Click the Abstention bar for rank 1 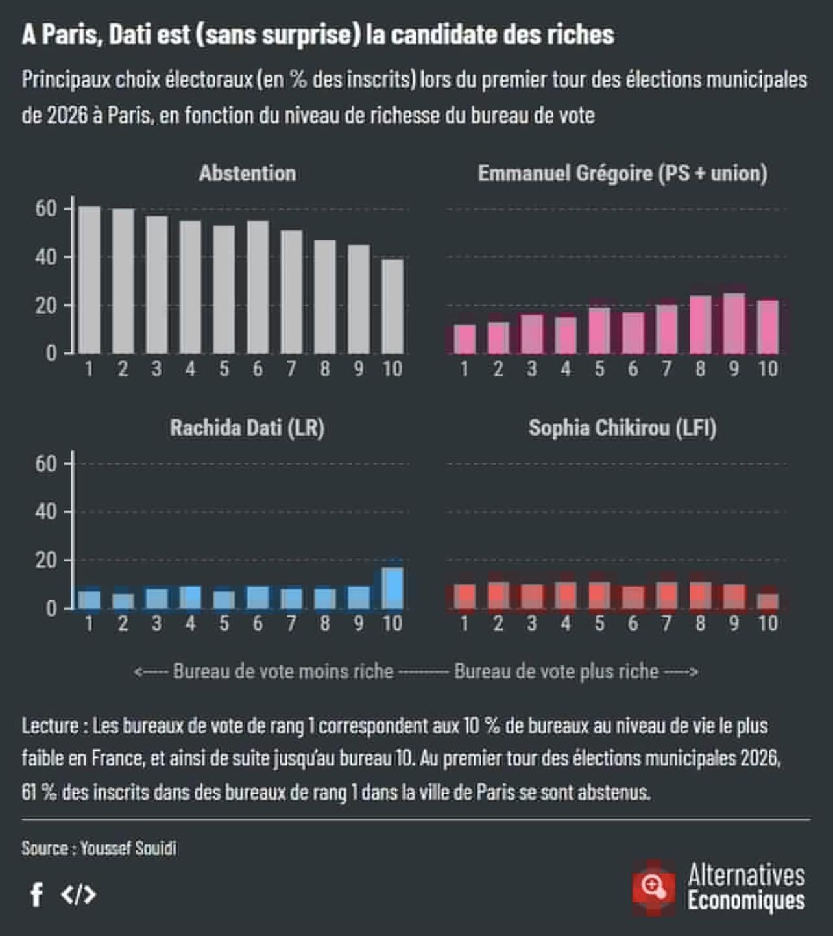[90, 280]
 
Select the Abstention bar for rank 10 [392, 306]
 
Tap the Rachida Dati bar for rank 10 [392, 588]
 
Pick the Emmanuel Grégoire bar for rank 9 [734, 323]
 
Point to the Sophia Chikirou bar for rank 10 [767, 601]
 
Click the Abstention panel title [247, 173]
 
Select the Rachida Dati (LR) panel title [247, 428]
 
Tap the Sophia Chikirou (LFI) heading [622, 428]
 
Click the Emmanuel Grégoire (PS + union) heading [622, 173]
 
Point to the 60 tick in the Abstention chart [46, 209]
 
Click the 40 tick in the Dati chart [46, 512]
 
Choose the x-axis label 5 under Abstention [224, 369]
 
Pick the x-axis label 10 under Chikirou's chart [767, 624]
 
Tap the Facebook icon [37, 894]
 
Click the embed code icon [78, 894]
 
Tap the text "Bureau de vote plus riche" [556, 671]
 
